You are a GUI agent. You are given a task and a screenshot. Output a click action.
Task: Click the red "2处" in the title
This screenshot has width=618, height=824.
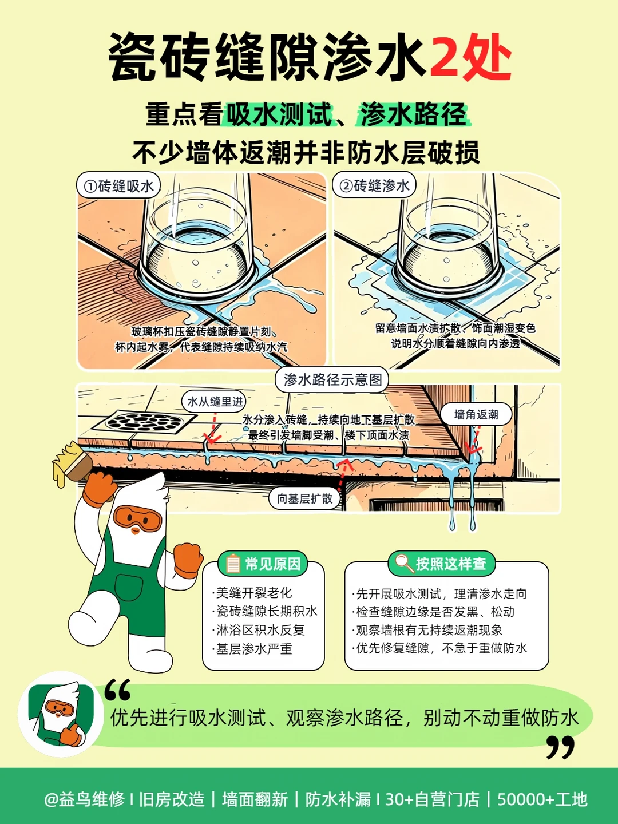click(x=471, y=57)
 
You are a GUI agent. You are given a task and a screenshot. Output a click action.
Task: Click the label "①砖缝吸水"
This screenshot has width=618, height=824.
click(x=118, y=185)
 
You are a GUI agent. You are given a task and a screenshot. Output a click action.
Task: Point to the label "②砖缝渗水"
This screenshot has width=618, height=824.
click(x=374, y=185)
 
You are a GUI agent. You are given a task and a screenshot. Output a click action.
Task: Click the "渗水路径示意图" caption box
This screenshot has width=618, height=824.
click(x=332, y=379)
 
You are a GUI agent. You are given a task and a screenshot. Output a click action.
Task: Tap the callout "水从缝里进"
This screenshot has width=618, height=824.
click(x=215, y=402)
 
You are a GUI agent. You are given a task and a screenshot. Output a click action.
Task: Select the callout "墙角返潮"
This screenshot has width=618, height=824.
click(x=476, y=414)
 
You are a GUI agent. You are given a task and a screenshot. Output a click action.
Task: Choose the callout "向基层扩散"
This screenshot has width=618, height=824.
click(x=304, y=498)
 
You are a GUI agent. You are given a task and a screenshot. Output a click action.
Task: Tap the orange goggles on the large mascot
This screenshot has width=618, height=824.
click(x=137, y=518)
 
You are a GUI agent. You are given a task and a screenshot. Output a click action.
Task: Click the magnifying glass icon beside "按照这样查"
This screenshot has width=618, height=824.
click(x=403, y=564)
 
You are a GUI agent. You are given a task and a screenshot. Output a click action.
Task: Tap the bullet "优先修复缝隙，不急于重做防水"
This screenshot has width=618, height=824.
click(x=439, y=648)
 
